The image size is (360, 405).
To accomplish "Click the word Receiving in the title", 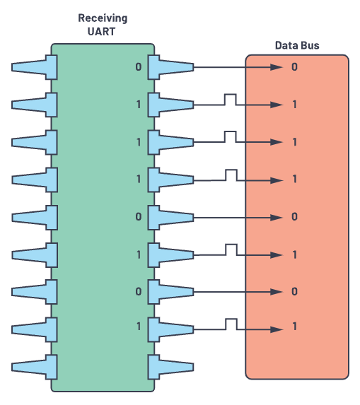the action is [103, 19].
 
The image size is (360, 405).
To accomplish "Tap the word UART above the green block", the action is [101, 32].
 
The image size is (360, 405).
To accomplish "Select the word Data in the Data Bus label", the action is [286, 45].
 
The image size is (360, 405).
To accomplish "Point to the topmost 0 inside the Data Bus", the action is [294, 67].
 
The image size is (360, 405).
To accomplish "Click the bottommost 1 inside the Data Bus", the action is [295, 327].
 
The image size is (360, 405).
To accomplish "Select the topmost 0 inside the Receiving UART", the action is [139, 67].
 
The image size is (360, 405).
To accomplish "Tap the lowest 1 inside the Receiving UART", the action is [139, 327].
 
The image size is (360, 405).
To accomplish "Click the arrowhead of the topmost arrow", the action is [277, 67].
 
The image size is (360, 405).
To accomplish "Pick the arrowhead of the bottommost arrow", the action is [277, 329].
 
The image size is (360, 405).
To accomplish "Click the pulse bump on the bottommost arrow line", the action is [231, 324].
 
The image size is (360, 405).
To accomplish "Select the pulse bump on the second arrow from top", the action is [231, 100].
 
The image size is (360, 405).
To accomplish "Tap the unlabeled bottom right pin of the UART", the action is [170, 367].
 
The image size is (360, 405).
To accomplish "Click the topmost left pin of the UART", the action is [35, 67].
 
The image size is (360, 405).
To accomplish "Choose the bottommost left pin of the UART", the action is [35, 367].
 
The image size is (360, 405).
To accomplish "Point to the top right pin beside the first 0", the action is [170, 67].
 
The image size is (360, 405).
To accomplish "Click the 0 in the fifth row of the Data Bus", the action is [294, 217].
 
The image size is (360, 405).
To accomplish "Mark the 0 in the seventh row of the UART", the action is [139, 292].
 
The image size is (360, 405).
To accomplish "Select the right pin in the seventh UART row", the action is [170, 292].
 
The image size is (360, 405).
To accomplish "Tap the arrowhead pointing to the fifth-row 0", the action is [277, 218].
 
